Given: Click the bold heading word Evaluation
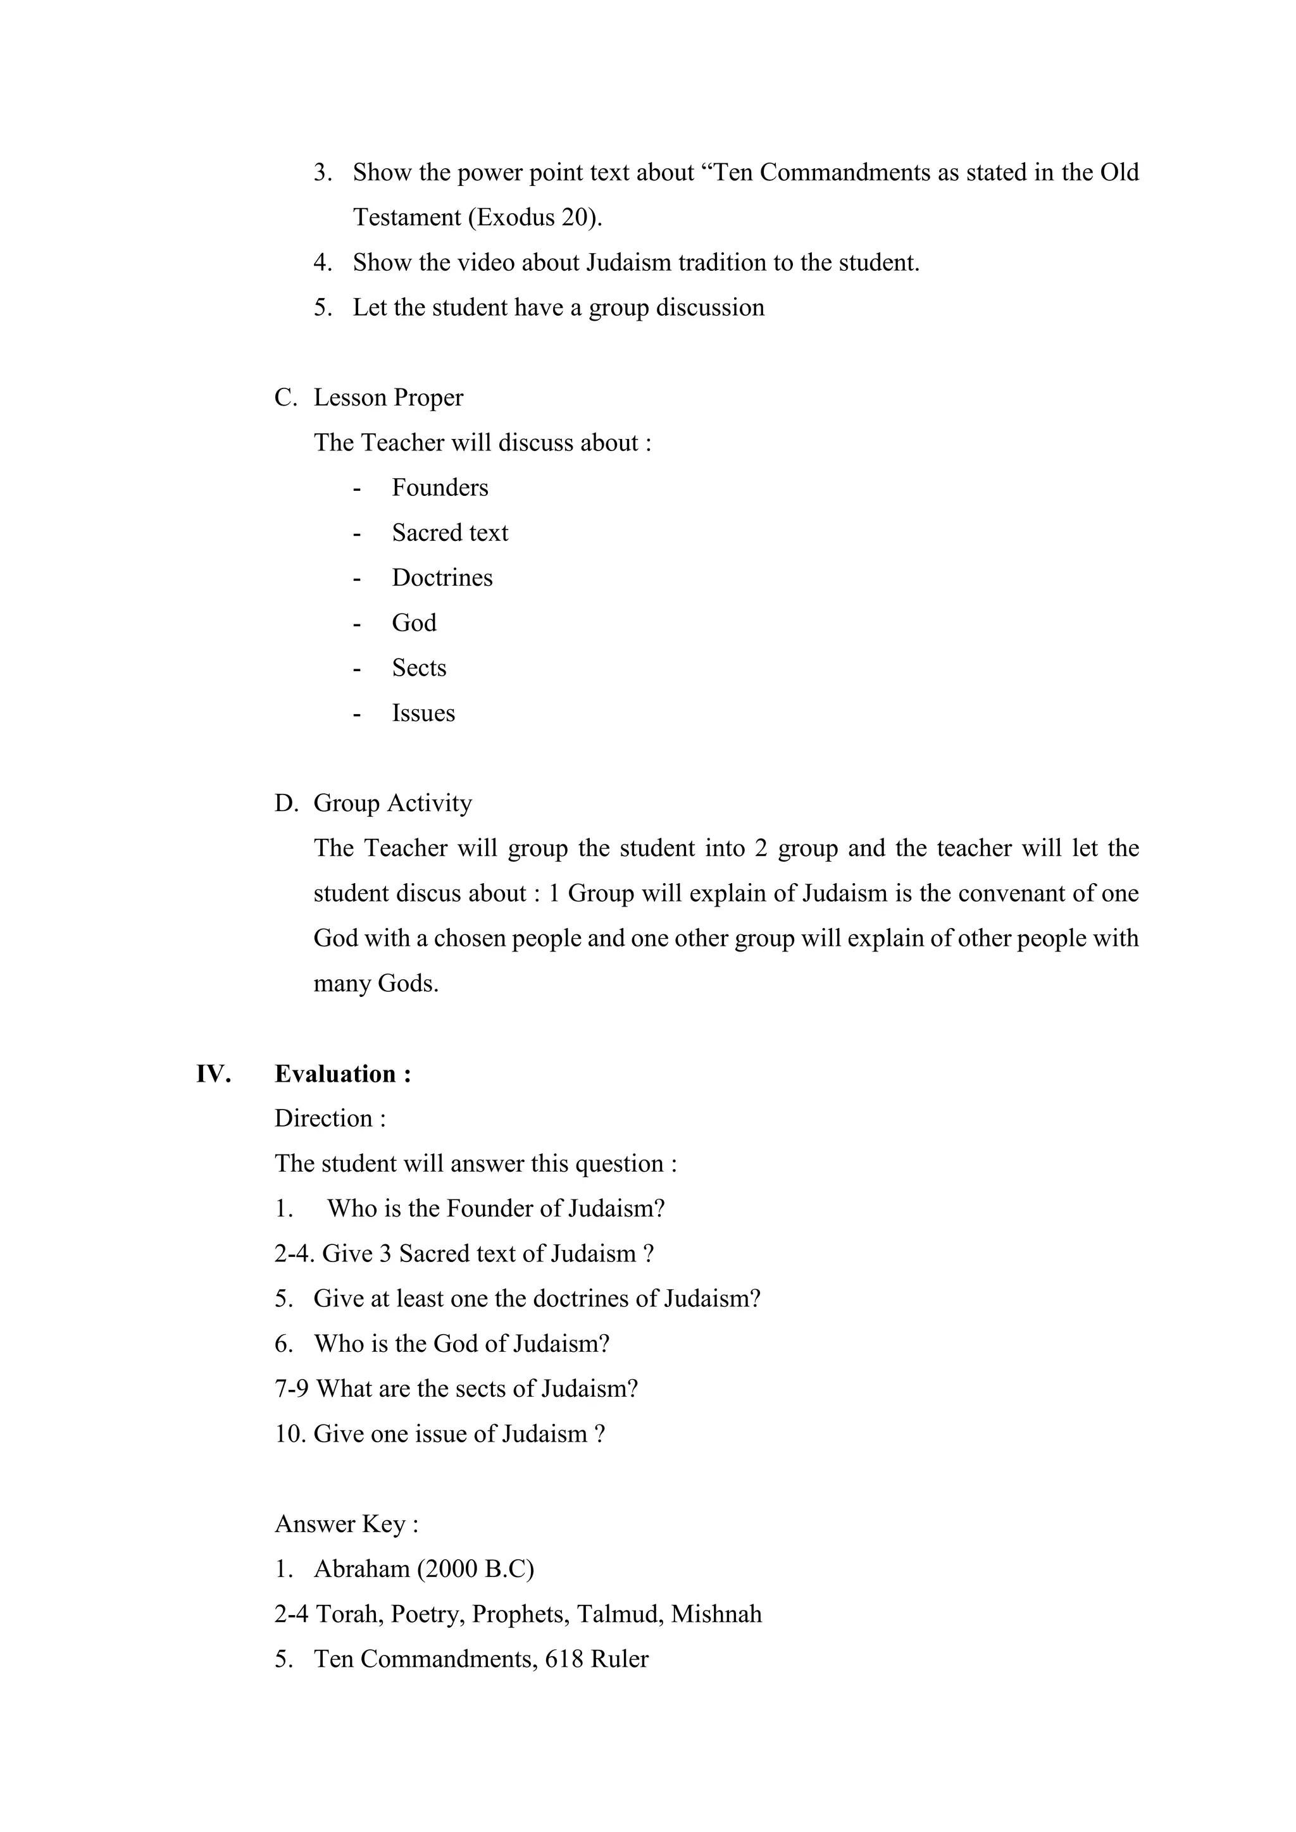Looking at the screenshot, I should (335, 1074).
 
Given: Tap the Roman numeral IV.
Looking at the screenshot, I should (213, 1074).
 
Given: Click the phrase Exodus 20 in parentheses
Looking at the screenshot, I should (534, 218).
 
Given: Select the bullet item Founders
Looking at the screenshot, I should (440, 488).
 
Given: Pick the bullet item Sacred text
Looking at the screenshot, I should (449, 533).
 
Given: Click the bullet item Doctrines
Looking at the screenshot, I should (442, 578).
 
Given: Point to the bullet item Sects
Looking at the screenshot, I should (419, 668).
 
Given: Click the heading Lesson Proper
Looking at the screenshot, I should (388, 397).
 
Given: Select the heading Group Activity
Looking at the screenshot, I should (392, 803).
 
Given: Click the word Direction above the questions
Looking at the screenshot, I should (323, 1118).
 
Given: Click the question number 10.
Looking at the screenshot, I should (290, 1434).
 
